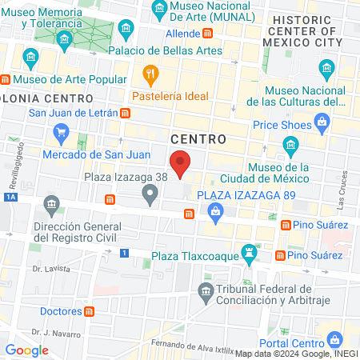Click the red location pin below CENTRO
click(x=182, y=163)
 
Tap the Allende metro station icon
click(x=207, y=34)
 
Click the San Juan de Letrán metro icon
click(x=126, y=113)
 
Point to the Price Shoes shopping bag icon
click(x=322, y=122)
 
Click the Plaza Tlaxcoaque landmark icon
click(x=251, y=255)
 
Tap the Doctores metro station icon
click(x=90, y=310)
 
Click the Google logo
click(x=27, y=350)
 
